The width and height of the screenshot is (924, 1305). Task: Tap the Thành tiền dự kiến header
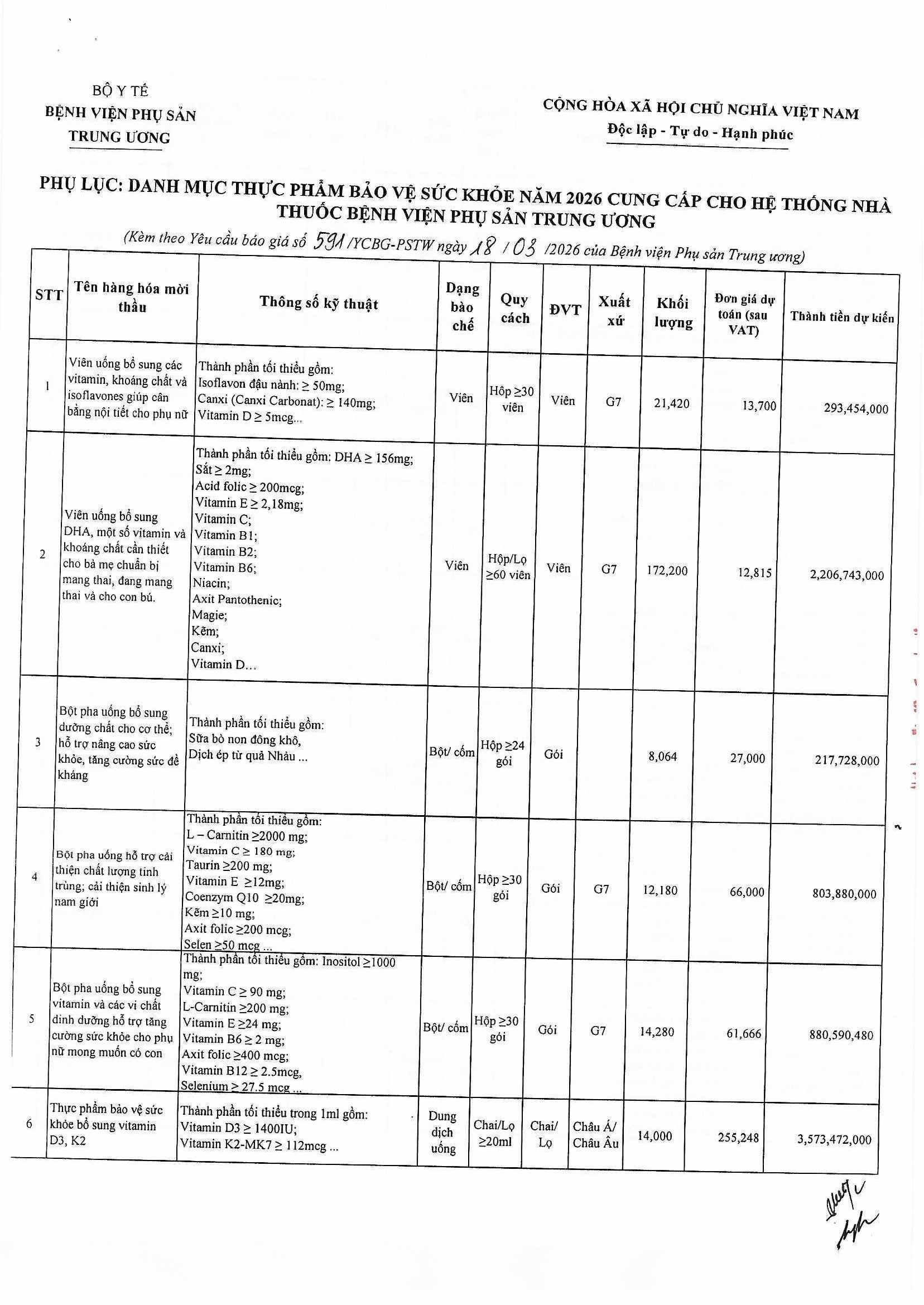pyautogui.click(x=841, y=317)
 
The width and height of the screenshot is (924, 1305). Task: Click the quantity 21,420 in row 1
pyautogui.click(x=671, y=403)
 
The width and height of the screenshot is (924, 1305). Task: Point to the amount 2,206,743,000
pyautogui.click(x=846, y=575)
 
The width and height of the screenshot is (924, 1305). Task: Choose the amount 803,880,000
pyautogui.click(x=844, y=894)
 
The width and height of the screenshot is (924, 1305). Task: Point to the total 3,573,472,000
pyautogui.click(x=835, y=1139)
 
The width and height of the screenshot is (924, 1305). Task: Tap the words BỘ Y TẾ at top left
pyautogui.click(x=120, y=90)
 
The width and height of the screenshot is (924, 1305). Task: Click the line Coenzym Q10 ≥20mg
pyautogui.click(x=244, y=898)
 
